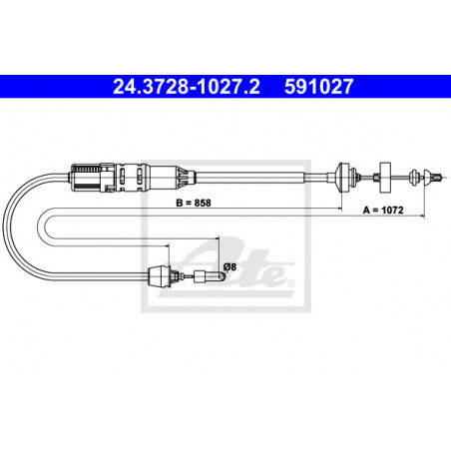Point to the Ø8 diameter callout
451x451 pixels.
click(x=230, y=266)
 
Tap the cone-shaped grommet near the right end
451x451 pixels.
click(x=345, y=179)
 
